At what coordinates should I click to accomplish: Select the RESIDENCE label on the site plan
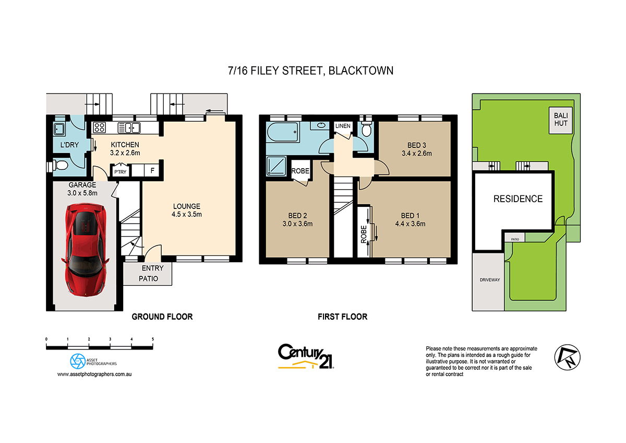pos(518,199)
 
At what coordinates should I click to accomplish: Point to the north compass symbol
pos(565,357)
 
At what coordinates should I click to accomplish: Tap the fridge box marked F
pos(152,170)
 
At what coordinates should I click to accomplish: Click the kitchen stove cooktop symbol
pos(99,127)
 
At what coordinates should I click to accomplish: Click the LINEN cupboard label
pos(343,126)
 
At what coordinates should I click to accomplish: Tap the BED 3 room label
pos(416,149)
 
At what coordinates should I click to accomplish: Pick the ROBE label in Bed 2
pos(300,171)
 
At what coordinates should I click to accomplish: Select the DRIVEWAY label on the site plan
pos(490,280)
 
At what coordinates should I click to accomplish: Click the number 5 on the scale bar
pos(153,339)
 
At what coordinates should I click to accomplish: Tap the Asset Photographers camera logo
pos(78,360)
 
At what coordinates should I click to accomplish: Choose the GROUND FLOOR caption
pos(162,317)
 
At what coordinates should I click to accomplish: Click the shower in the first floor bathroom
pos(276,166)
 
